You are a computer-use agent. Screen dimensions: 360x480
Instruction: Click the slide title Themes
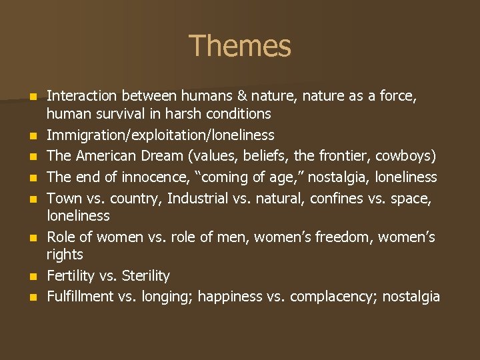coord(240,46)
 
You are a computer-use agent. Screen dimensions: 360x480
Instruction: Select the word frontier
coord(347,156)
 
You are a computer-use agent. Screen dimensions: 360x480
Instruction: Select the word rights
coord(65,255)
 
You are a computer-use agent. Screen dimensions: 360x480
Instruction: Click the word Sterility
coord(145,276)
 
